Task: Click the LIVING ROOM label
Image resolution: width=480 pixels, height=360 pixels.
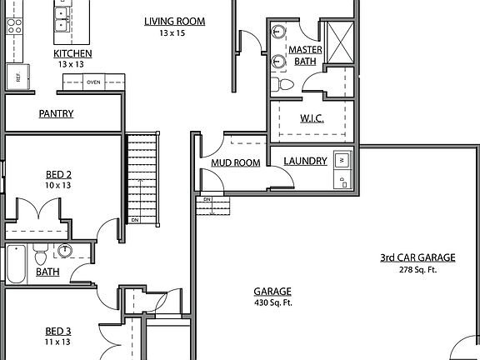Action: (174, 22)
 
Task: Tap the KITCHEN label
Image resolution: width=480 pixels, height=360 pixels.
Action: (74, 53)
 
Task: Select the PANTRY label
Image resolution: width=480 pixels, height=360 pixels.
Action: (56, 114)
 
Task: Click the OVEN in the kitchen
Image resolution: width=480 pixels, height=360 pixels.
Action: (94, 82)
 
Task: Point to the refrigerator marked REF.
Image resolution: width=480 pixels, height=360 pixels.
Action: (14, 77)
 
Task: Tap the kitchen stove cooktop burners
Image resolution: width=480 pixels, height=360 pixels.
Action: (14, 25)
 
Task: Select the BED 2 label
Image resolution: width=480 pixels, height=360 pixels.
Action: (58, 174)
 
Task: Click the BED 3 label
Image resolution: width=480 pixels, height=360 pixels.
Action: (58, 331)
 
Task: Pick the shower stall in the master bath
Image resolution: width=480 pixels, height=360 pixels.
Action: (340, 39)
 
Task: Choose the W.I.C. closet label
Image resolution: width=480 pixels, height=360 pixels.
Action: (312, 117)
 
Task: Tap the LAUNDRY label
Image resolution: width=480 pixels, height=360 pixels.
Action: (305, 161)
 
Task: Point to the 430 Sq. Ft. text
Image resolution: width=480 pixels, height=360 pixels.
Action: (272, 302)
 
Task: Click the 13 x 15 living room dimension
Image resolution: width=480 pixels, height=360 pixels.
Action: (174, 33)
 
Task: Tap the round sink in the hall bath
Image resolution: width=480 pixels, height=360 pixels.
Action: (65, 250)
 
